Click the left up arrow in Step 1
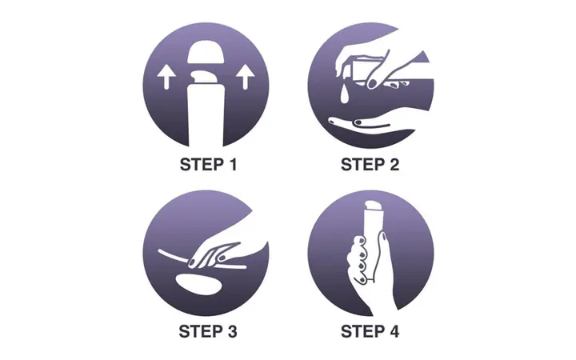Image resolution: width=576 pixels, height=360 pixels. click(x=166, y=78)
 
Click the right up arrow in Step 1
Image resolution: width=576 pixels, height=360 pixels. click(x=246, y=78)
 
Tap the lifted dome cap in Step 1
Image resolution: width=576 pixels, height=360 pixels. click(x=206, y=52)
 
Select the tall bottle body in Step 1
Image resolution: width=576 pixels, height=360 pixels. click(x=206, y=114)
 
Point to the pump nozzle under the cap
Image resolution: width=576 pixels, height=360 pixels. click(x=204, y=77)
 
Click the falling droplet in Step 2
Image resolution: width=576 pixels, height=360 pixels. click(x=344, y=94)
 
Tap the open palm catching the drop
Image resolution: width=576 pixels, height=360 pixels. click(x=371, y=126)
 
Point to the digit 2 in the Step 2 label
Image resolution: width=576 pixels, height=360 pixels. click(x=394, y=164)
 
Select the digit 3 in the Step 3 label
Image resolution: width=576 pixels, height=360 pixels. click(x=231, y=331)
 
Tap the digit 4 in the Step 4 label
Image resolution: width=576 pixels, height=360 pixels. click(x=394, y=331)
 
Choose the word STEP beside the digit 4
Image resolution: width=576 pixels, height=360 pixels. click(x=362, y=331)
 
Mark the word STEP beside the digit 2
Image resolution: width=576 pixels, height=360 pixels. click(x=362, y=164)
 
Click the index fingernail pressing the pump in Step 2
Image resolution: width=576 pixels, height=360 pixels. click(x=373, y=83)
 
